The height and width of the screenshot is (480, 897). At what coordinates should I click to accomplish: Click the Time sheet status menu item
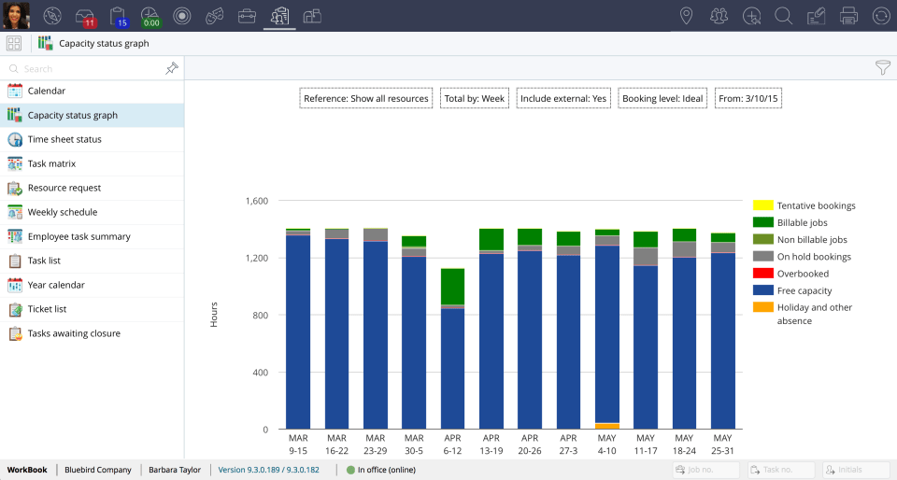pos(64,139)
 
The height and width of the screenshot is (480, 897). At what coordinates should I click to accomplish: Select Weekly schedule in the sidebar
pos(62,212)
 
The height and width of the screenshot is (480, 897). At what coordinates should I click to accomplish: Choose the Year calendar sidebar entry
pos(55,285)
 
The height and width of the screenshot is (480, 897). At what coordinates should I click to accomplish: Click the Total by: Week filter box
pos(474,98)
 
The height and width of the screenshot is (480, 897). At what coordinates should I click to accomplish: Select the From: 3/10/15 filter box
pos(747,98)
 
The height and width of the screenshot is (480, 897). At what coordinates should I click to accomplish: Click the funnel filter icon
pos(882,67)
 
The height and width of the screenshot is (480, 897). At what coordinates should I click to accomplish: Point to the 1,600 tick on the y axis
pos(255,201)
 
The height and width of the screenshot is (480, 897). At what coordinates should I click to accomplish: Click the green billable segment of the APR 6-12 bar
pos(452,286)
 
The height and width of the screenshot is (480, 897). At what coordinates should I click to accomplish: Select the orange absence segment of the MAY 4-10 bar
pos(606,426)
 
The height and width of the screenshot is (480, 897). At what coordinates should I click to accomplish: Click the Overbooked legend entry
pos(803,274)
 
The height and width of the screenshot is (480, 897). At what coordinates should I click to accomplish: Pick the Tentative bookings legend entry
pos(816,205)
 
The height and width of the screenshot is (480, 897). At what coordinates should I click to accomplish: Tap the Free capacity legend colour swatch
pos(762,290)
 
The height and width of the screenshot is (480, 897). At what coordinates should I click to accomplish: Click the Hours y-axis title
pos(214,315)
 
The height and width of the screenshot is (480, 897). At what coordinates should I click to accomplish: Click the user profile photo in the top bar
pos(17,15)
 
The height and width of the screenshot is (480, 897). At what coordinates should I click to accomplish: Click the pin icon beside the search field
pos(171,68)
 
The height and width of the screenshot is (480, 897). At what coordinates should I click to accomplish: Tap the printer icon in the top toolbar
pos(848,15)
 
